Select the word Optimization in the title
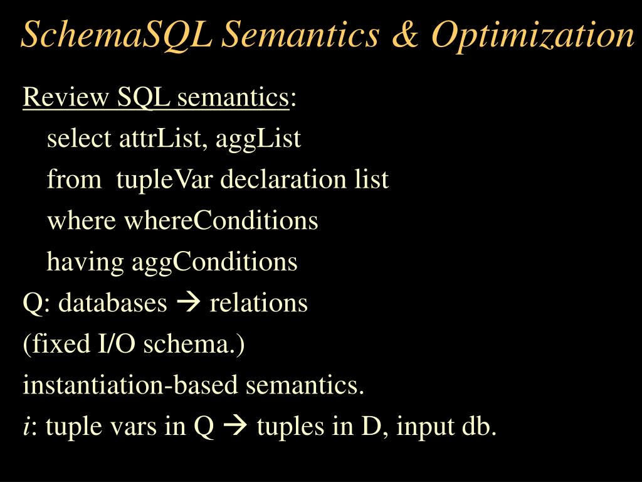point(533,35)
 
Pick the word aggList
point(258,138)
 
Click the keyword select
point(79,138)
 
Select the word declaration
point(276,179)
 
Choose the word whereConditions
point(221,221)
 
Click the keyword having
point(86,262)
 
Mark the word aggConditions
point(214,262)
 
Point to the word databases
point(113,303)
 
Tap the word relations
point(258,303)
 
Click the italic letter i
point(26,427)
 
